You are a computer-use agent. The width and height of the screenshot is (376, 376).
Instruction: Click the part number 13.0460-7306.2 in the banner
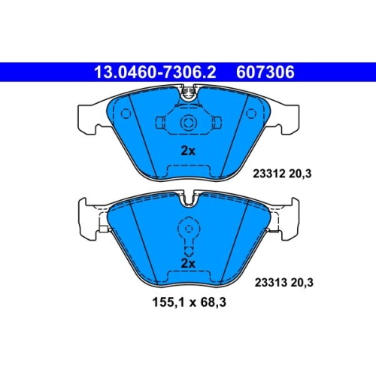tap(155, 72)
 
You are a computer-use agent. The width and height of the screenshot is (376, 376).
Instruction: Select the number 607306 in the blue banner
tap(265, 72)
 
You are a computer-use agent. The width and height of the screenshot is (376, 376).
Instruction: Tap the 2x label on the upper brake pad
tap(188, 151)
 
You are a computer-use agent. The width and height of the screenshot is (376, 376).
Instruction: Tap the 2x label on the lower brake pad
tap(188, 263)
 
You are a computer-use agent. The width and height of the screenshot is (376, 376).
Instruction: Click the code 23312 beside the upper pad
tap(269, 174)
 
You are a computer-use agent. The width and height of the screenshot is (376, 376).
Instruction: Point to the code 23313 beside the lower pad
tap(271, 283)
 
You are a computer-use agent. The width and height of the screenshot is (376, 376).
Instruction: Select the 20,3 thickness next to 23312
tap(300, 174)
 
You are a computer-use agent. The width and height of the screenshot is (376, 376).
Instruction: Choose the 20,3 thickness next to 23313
tap(302, 283)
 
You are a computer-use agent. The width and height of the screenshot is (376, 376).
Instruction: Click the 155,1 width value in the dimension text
tap(167, 302)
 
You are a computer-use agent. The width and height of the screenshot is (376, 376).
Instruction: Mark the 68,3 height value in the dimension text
tap(213, 302)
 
